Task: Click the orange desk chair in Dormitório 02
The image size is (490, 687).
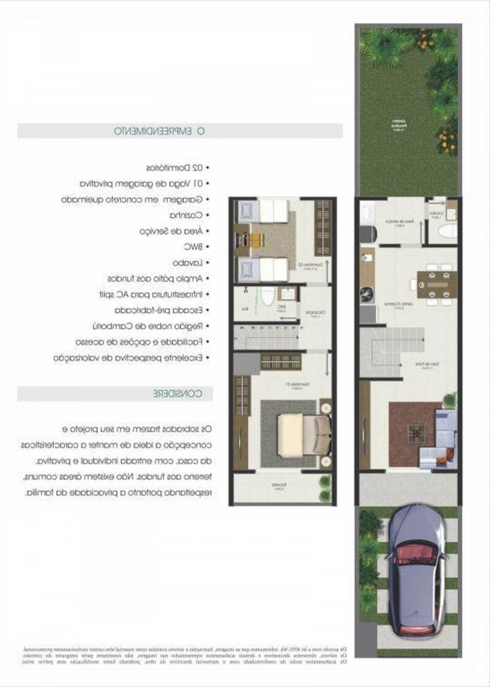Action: tap(256, 240)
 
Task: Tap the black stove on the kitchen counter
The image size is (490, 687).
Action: tap(367, 295)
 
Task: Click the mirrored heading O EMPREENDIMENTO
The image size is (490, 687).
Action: tap(159, 131)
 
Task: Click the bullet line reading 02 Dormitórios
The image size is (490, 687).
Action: tap(177, 168)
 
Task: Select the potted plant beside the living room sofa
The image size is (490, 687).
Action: tap(450, 399)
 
